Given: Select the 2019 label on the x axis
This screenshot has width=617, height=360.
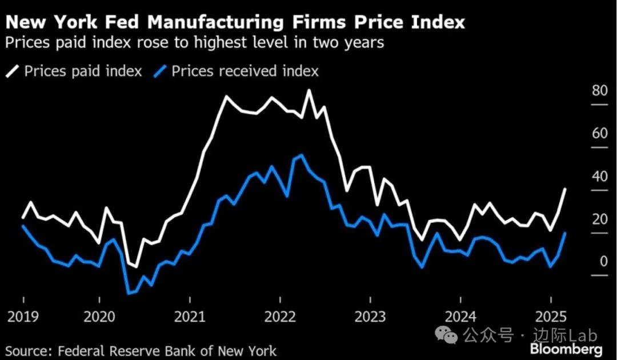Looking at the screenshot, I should pyautogui.click(x=23, y=316).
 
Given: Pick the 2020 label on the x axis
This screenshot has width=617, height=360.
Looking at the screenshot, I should pyautogui.click(x=99, y=316).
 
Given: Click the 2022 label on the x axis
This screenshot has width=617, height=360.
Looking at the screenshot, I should pyautogui.click(x=280, y=316).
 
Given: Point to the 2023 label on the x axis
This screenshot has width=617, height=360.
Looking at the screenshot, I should pyautogui.click(x=370, y=316).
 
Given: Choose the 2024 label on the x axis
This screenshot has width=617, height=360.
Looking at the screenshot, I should pyautogui.click(x=460, y=316).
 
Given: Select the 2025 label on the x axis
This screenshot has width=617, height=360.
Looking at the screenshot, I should pyautogui.click(x=550, y=316).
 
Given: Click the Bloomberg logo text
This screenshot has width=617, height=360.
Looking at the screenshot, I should pyautogui.click(x=566, y=349).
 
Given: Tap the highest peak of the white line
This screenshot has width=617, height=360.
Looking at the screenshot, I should pyautogui.click(x=309, y=90).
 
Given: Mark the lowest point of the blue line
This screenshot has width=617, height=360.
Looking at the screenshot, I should pyautogui.click(x=129, y=294).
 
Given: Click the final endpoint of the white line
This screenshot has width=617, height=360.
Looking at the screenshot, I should pyautogui.click(x=566, y=189).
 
